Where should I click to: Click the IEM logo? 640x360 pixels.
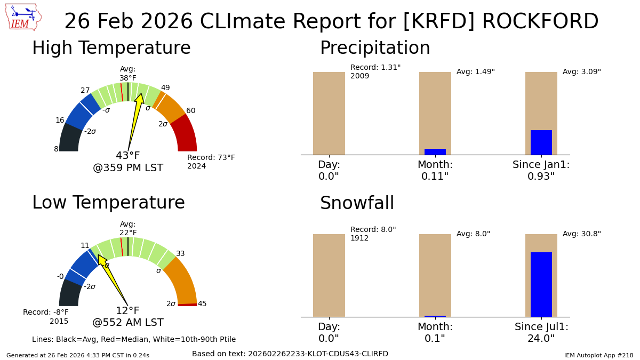(23, 18)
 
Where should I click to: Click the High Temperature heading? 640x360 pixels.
(111, 49)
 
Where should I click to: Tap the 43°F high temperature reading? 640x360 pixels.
(128, 156)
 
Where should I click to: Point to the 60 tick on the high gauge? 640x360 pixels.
(190, 111)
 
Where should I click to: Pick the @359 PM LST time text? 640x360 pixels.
(128, 168)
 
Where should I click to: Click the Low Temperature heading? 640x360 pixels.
(108, 203)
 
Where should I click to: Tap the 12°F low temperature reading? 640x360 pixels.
(128, 311)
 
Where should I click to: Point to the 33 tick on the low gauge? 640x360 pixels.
(180, 254)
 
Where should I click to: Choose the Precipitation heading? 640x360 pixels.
(375, 49)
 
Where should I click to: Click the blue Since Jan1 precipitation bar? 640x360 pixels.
(541, 142)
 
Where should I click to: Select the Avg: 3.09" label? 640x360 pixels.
(581, 72)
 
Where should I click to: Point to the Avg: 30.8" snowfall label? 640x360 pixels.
(581, 234)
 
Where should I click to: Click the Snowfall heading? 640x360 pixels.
(357, 204)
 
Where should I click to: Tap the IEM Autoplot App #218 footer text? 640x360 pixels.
(598, 355)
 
